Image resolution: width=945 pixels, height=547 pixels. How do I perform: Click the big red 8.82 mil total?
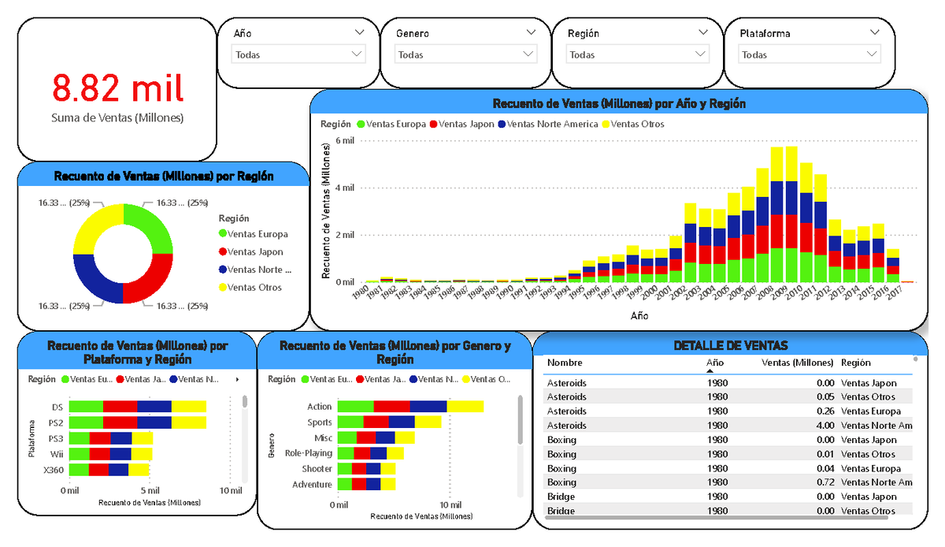coord(118,87)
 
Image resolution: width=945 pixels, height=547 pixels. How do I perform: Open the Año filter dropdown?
coord(298,55)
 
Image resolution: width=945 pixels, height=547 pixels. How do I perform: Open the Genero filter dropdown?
coord(466,55)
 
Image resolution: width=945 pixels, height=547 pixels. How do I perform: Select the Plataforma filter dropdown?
coord(810,55)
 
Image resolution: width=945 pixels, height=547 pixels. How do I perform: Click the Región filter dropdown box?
coord(638,55)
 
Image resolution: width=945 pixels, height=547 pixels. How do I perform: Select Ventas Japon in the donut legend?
coord(255,252)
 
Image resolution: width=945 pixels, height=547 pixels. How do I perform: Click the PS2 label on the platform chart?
coord(57,422)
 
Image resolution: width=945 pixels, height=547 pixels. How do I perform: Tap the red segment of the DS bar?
coord(120,407)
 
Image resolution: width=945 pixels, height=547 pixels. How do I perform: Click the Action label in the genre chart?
coord(320,407)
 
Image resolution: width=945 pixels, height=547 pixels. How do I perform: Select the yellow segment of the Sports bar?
coord(428,422)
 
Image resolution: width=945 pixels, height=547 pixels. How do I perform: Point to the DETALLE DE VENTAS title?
coord(731,345)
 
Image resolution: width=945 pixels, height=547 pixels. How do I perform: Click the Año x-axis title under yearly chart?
coord(639,314)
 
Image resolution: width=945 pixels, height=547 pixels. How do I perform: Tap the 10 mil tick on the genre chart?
coord(450,504)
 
